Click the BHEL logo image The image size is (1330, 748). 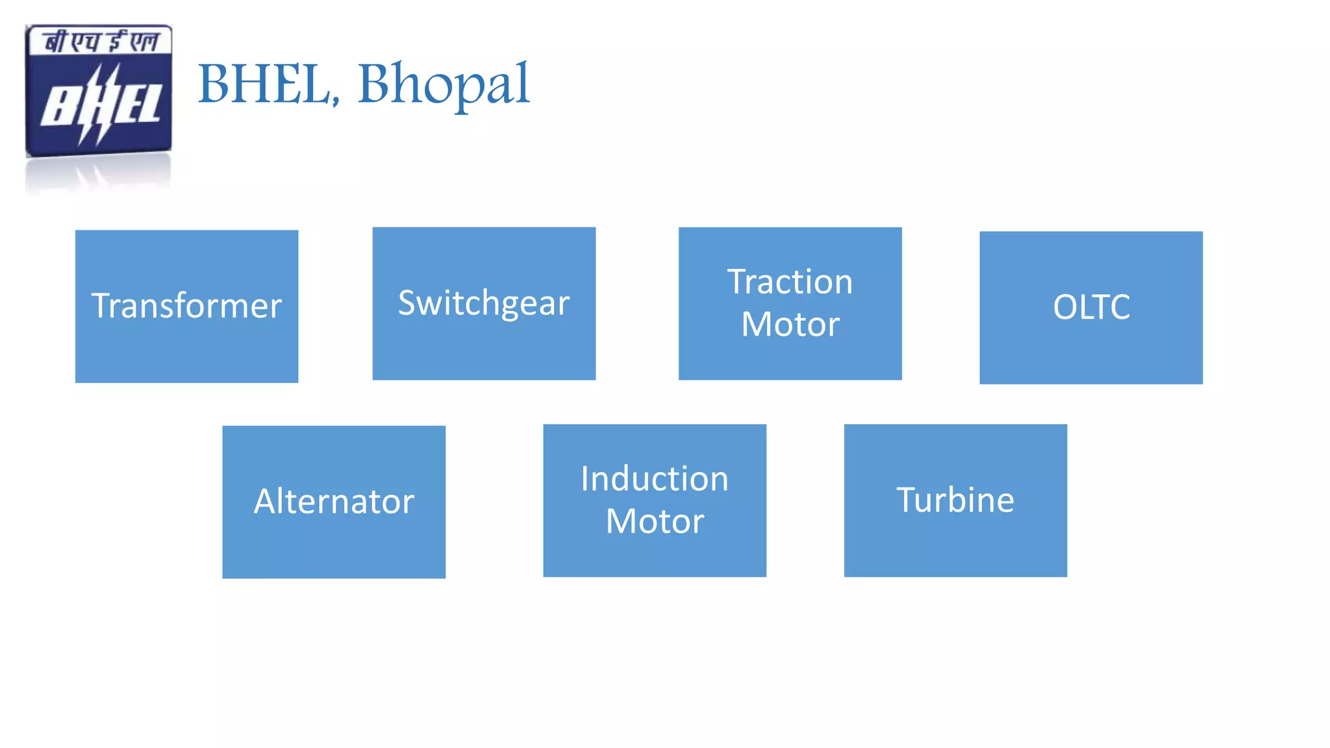click(x=99, y=91)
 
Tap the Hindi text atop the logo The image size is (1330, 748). click(x=101, y=42)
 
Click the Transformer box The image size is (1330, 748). click(x=186, y=351)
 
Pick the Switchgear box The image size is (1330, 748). click(x=484, y=344)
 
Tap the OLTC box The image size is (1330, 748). click(x=1091, y=344)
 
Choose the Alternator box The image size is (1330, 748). click(x=334, y=545)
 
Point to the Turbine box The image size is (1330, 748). click(x=955, y=545)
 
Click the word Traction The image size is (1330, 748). click(x=790, y=282)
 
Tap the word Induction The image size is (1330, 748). click(x=655, y=479)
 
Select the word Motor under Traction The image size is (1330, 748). click(x=790, y=324)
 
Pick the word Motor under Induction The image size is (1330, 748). click(x=655, y=521)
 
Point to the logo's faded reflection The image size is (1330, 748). click(x=97, y=175)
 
